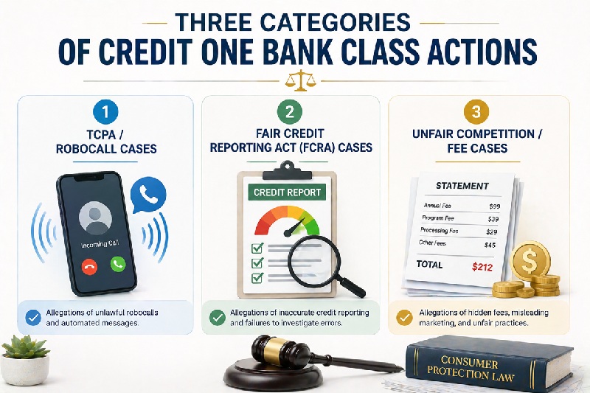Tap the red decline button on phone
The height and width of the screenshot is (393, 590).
click(90, 262)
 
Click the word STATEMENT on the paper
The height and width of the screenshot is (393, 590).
click(462, 185)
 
